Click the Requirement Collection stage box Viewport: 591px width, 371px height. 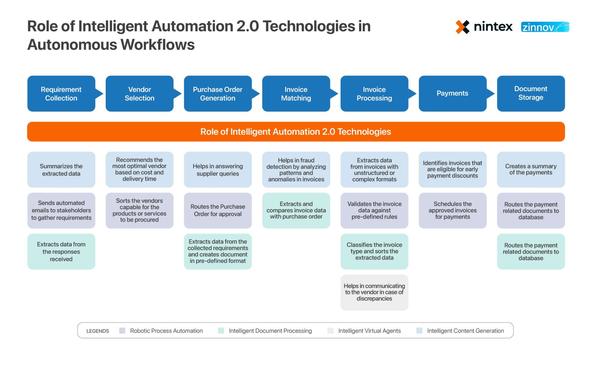[x=61, y=94]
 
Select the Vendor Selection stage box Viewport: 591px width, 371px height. [x=139, y=94]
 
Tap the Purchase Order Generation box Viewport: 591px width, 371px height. [x=218, y=94]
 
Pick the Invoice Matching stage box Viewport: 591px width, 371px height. [x=296, y=94]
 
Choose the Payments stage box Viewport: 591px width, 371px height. [x=452, y=94]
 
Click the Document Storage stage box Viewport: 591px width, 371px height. [x=531, y=94]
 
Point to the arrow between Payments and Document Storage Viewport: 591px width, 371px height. [x=491, y=94]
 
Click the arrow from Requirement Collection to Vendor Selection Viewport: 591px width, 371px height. [x=99, y=94]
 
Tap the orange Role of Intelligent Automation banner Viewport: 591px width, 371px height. [x=296, y=132]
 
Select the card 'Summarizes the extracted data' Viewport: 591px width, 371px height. [x=61, y=170]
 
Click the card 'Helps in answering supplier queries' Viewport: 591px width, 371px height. [x=218, y=170]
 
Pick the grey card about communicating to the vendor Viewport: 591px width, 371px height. [x=374, y=292]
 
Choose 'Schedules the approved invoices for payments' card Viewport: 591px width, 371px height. [x=452, y=210]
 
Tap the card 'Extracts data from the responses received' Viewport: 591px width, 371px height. [x=61, y=251]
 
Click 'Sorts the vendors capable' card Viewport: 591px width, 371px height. [x=139, y=210]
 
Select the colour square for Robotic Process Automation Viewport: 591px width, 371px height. [x=122, y=331]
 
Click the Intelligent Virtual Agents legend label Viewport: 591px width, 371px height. [x=369, y=331]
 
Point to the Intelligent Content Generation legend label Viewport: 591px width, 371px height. [x=465, y=331]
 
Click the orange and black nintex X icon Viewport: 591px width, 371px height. [x=462, y=27]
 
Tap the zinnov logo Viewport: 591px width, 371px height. [x=545, y=27]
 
